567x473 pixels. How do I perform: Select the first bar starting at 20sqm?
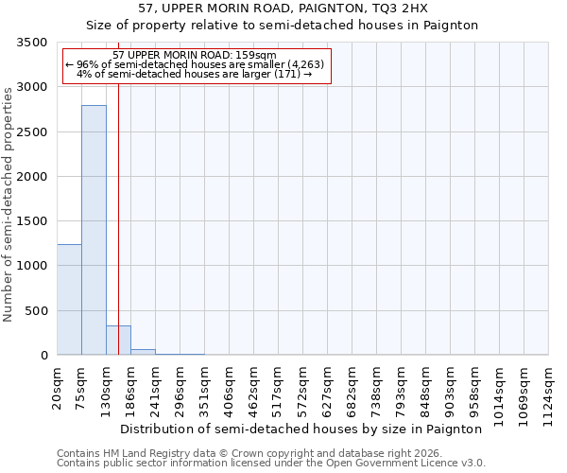tap(69, 299)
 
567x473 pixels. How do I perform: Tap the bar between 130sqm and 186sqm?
tap(118, 341)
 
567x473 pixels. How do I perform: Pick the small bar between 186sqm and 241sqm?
tap(143, 352)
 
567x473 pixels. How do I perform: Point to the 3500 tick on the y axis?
tap(33, 44)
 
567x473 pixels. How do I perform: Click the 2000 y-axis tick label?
tap(33, 177)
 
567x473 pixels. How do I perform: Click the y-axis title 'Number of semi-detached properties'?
tap(9, 200)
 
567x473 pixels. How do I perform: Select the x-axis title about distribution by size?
tap(301, 429)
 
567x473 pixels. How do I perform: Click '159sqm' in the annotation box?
tap(255, 56)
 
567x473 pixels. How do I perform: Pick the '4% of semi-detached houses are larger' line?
tap(194, 74)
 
